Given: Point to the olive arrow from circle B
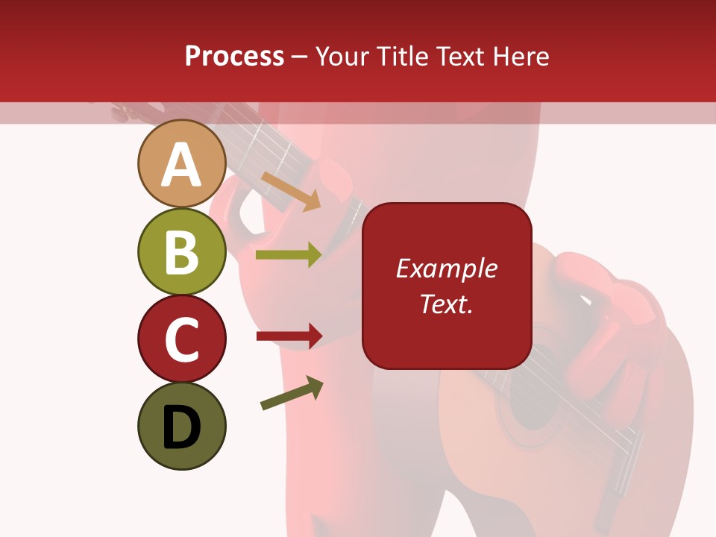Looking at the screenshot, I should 289,255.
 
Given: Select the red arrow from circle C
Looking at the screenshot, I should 289,336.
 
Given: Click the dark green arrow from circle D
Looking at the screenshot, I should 292,394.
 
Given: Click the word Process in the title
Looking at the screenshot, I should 234,57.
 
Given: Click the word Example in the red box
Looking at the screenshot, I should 446,268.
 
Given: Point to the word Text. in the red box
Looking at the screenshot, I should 446,304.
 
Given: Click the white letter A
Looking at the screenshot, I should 181,165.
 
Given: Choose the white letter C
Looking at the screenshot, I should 181,339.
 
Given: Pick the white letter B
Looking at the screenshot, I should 181,252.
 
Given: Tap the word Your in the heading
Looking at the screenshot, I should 342,57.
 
